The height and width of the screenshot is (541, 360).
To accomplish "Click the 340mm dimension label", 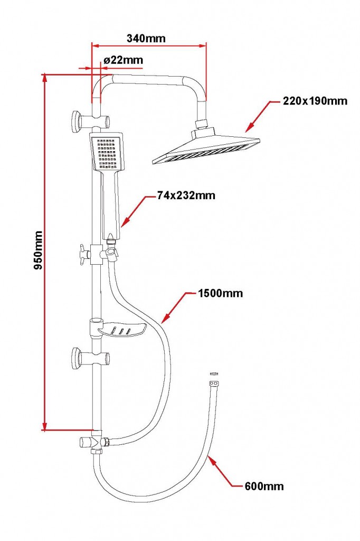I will click(146, 38).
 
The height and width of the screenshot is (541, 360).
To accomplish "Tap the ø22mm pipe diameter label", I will click(124, 60).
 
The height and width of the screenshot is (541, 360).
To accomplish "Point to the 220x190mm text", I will click(315, 100).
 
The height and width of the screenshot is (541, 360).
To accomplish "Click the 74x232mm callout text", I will click(186, 195).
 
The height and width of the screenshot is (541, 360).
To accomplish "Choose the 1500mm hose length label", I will click(220, 293).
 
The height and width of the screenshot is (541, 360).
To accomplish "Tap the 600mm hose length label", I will click(264, 486).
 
